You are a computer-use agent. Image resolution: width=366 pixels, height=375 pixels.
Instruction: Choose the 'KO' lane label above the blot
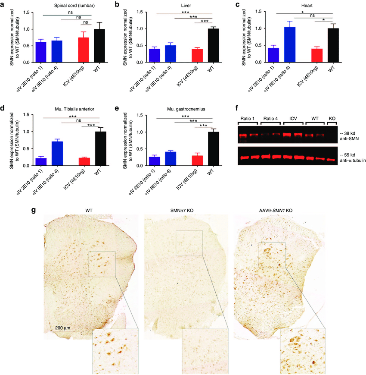coord(333,118)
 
